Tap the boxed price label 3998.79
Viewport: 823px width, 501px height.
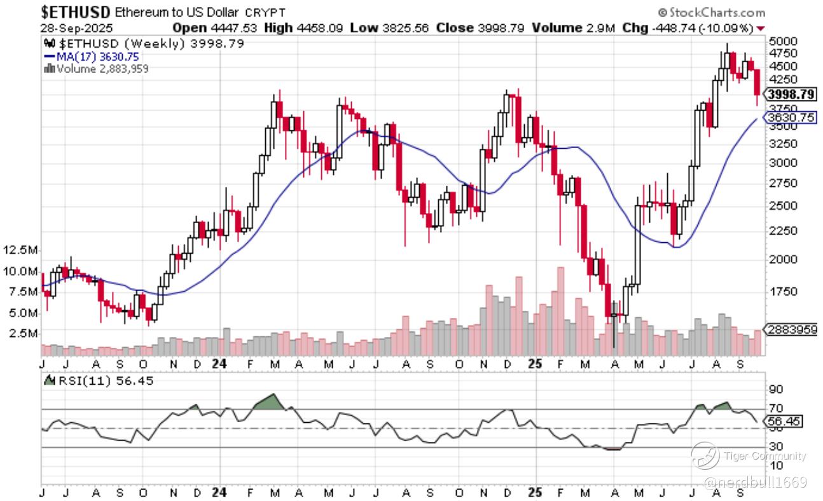pyautogui.click(x=791, y=95)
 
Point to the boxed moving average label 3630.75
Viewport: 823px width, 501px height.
pyautogui.click(x=791, y=118)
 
